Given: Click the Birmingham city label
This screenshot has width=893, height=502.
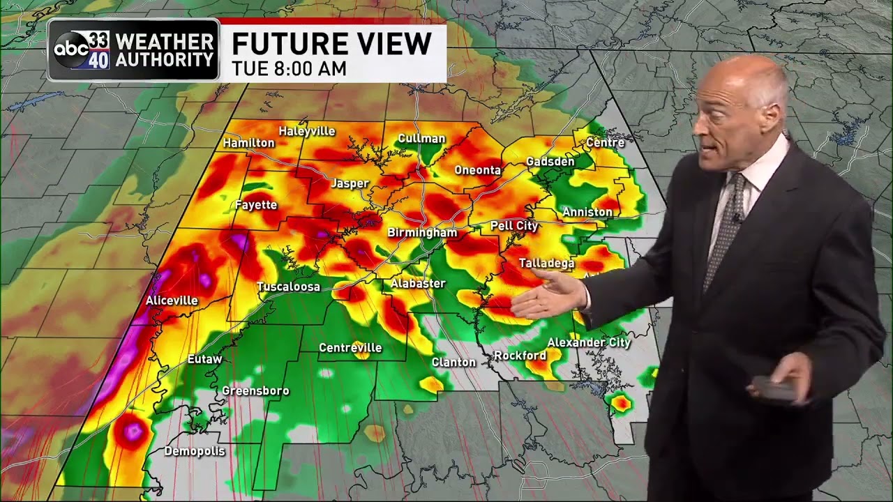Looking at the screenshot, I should tap(422, 233).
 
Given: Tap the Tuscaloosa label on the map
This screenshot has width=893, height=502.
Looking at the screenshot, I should tap(288, 287).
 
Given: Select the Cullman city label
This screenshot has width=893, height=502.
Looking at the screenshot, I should tap(421, 139).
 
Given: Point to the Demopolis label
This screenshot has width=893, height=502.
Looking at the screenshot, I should tap(195, 451).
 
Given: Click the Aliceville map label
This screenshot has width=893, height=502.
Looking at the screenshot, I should tap(172, 301).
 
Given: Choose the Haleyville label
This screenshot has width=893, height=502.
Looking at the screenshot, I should tap(307, 131).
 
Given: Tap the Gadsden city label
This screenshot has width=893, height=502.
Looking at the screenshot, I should tap(550, 161).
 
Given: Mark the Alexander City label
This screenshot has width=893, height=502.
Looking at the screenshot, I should tap(589, 342).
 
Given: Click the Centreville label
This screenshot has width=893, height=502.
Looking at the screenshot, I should tap(350, 347).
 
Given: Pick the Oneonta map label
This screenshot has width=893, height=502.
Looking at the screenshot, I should tap(478, 170).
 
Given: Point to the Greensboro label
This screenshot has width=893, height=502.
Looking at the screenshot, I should tap(255, 390).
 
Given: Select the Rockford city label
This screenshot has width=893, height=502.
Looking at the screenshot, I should tap(520, 356).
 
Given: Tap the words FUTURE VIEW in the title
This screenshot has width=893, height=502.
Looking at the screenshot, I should tap(331, 44).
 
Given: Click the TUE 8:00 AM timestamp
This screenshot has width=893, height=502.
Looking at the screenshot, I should tap(289, 68).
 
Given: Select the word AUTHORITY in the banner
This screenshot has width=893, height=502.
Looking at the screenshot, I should tap(165, 60).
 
